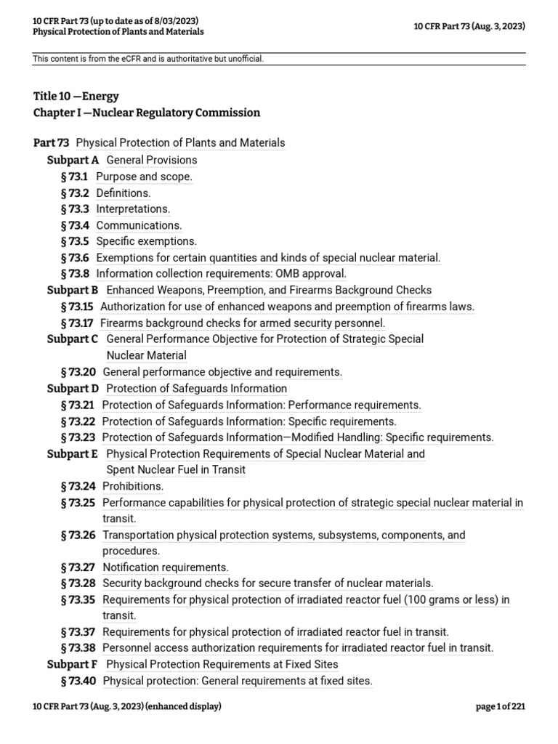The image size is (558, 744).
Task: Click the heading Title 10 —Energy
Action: pyautogui.click(x=76, y=96)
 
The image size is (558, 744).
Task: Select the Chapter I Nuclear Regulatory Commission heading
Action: pyautogui.click(x=146, y=113)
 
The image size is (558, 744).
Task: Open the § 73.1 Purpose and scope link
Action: pyautogui.click(x=144, y=177)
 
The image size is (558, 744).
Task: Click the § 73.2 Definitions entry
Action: pyautogui.click(x=123, y=193)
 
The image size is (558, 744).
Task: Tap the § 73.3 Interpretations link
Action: pyautogui.click(x=133, y=209)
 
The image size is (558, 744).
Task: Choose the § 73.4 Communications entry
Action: pyautogui.click(x=139, y=225)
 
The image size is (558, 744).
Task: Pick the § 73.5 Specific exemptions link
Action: pyautogui.click(x=146, y=241)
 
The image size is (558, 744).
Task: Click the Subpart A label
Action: pyautogui.click(x=73, y=160)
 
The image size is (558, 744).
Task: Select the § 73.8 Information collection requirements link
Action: pyautogui.click(x=221, y=274)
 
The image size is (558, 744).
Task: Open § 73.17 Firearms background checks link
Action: pyautogui.click(x=242, y=323)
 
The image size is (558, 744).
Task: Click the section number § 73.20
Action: pyautogui.click(x=78, y=372)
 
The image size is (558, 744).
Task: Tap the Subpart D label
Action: pyautogui.click(x=73, y=389)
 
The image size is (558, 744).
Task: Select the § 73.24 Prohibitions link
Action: pyautogui.click(x=133, y=486)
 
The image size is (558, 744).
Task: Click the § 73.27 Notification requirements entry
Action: pyautogui.click(x=166, y=567)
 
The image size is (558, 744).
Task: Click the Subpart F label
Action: pyautogui.click(x=73, y=664)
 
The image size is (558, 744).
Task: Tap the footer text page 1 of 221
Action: pyautogui.click(x=500, y=706)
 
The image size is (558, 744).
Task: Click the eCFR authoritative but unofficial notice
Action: pyautogui.click(x=149, y=58)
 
